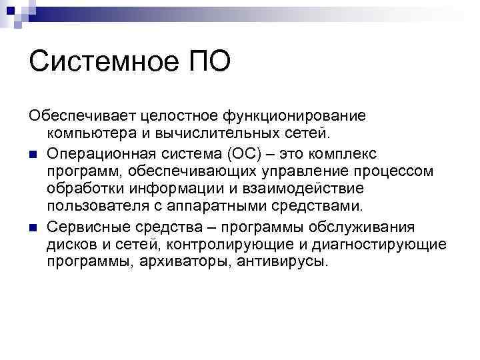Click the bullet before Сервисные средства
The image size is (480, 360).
[x=33, y=228]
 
